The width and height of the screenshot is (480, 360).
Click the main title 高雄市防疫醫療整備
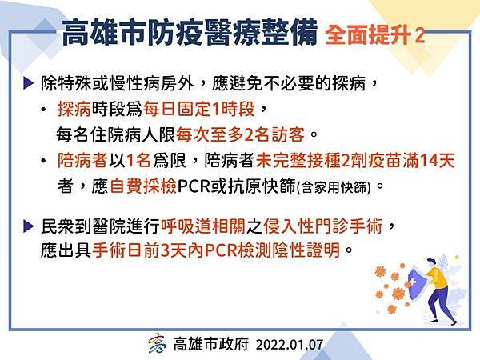[190, 33]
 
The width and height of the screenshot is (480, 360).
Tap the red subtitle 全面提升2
[375, 35]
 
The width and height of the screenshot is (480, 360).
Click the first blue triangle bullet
[28, 83]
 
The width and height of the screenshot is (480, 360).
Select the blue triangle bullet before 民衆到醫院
[28, 226]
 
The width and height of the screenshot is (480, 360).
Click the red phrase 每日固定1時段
[199, 109]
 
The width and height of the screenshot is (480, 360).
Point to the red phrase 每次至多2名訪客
[241, 134]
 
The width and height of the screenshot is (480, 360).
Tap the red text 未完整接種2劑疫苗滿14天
[355, 161]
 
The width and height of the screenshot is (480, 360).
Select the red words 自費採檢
[143, 186]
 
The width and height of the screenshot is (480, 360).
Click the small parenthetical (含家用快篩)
[334, 187]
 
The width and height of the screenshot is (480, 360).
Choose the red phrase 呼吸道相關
[203, 227]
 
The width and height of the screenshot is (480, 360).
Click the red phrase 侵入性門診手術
[323, 227]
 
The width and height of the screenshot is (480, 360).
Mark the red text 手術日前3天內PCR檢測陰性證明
[217, 250]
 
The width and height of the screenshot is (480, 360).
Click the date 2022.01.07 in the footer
[290, 345]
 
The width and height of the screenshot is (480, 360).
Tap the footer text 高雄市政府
[211, 344]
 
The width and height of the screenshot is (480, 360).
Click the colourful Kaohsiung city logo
[157, 343]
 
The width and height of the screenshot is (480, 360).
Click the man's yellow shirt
[438, 278]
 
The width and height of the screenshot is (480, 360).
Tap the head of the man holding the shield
[430, 262]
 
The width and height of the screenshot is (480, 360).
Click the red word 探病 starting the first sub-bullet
[74, 109]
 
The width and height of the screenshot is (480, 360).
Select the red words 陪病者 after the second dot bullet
[82, 161]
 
